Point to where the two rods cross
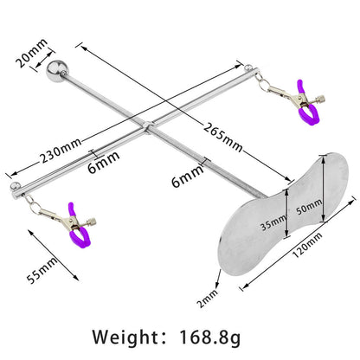[147, 132]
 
